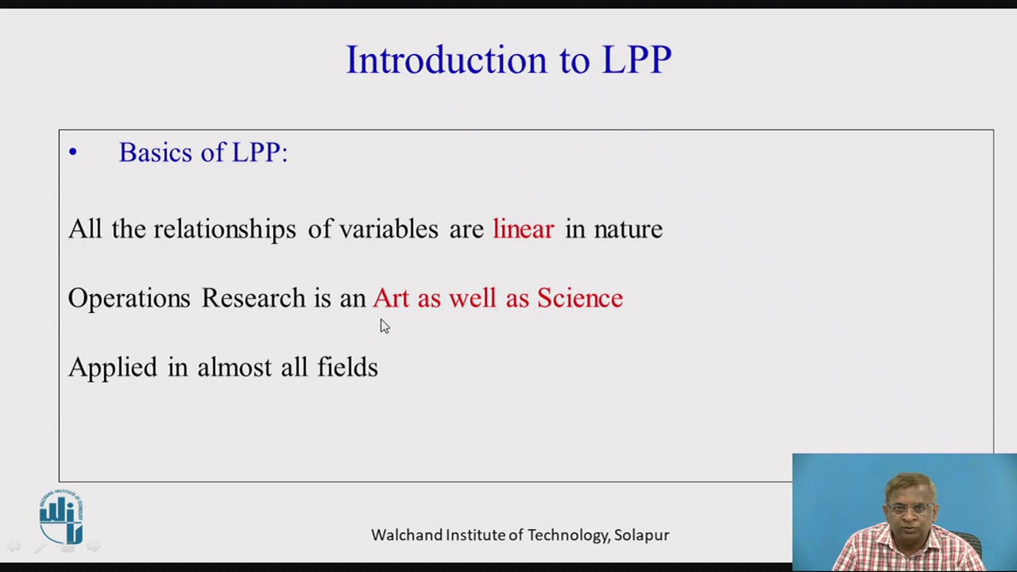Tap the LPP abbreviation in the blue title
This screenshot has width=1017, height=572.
coord(636,60)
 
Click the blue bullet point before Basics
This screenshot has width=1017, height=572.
coord(73,152)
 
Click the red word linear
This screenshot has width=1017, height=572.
coord(523,230)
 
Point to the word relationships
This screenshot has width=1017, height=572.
coord(224,230)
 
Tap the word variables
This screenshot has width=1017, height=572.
coord(389,230)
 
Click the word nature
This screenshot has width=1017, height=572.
coord(628,230)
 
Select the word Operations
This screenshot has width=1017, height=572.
coord(129,299)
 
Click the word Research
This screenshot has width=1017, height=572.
coord(253,299)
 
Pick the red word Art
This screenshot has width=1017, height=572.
coord(390,299)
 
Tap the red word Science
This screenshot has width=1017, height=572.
coord(580,299)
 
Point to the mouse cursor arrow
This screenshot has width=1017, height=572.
coord(384,326)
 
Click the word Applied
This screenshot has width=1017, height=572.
coord(112,368)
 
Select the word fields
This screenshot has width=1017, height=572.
coord(347,367)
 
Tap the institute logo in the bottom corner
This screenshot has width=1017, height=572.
coord(61,518)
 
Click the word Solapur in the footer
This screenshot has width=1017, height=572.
coord(641,535)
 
